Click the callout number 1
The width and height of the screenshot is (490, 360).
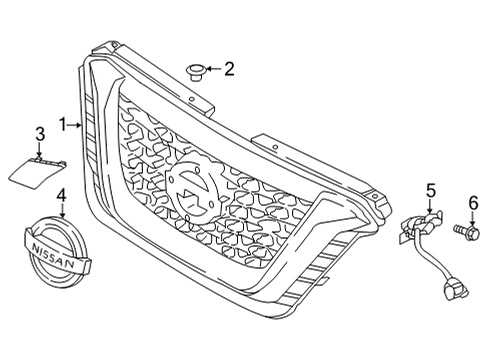point(62,125)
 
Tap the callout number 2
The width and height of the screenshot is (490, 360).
point(229,69)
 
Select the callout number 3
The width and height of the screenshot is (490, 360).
point(40,133)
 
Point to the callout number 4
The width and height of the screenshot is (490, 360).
point(61,195)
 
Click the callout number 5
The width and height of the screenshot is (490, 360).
point(431,189)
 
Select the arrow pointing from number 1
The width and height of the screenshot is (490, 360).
point(76,125)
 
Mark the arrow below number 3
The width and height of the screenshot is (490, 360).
point(40,148)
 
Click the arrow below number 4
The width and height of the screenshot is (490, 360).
point(61,210)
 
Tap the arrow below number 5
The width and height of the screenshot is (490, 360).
point(431,205)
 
